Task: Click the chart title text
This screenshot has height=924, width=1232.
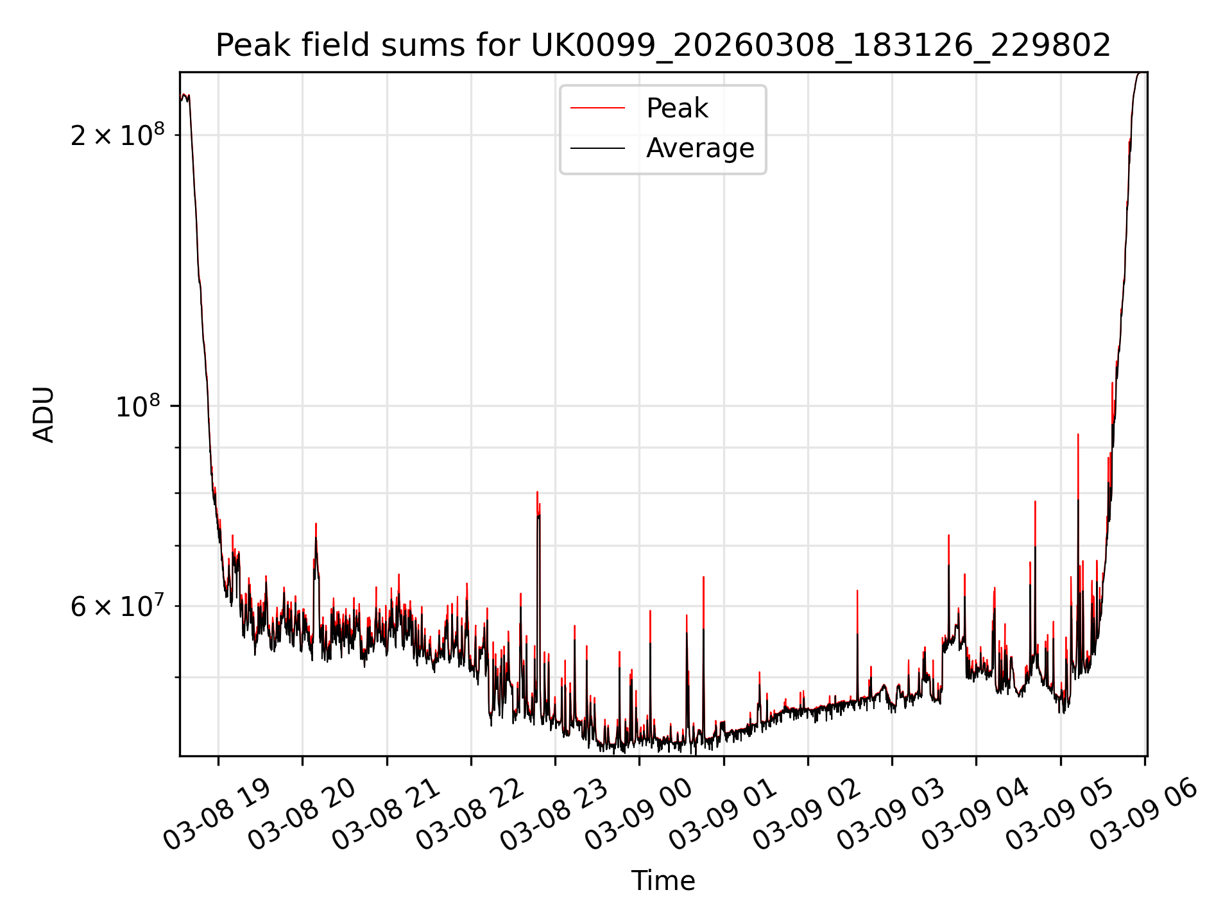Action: coord(663,46)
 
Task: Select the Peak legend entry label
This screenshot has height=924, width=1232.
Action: coord(677,108)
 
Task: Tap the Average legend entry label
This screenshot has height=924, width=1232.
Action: coord(700,148)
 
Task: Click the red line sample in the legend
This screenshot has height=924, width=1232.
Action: coord(597,108)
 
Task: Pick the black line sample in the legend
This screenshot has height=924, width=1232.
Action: coord(597,148)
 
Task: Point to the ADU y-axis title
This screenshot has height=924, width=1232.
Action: coord(44,415)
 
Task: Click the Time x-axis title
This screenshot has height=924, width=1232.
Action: coord(663,881)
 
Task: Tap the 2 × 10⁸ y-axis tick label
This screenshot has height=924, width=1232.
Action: coord(117,135)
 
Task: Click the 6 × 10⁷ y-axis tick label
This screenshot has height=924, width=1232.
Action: coord(117,606)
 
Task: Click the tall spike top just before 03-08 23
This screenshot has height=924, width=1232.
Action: coord(537,492)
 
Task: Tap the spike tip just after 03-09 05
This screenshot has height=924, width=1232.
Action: coord(1078,434)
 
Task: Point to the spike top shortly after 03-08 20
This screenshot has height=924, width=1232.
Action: coord(316,524)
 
